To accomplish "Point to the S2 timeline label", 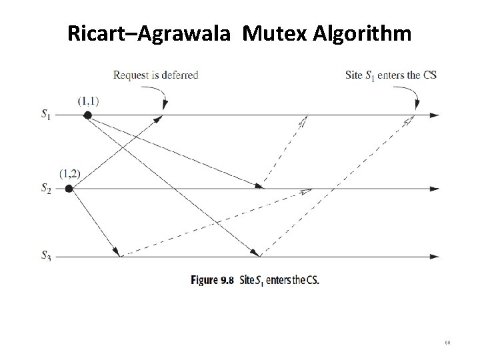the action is point(45,189).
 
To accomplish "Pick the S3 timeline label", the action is point(45,255).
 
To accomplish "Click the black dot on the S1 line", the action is point(87,115).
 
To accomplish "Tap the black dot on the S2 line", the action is point(69,189).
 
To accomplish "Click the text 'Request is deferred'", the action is point(156,75).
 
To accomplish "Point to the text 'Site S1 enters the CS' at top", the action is point(391,75).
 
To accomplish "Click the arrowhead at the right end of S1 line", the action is point(435,115).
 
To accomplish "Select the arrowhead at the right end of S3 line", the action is point(435,256).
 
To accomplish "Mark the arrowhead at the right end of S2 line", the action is point(435,189).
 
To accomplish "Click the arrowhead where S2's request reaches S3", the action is point(117,253).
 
